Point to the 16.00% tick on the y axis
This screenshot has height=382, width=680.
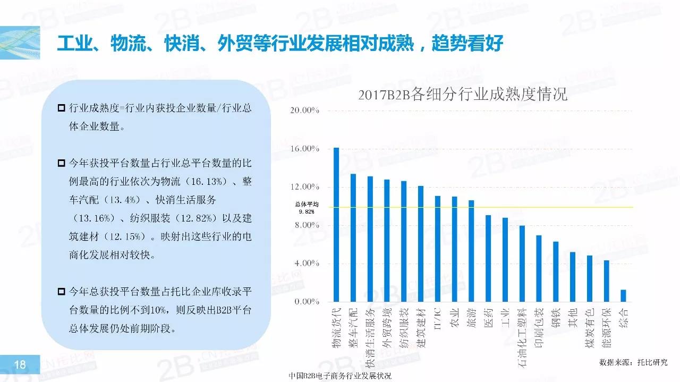304,149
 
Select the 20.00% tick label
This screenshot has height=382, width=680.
304,111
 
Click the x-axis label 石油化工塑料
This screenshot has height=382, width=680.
522,337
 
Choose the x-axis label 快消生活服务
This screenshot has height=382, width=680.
370,338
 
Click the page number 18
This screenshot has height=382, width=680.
20,364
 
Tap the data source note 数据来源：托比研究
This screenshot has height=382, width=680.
633,362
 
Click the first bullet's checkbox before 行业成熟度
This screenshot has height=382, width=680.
62,108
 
